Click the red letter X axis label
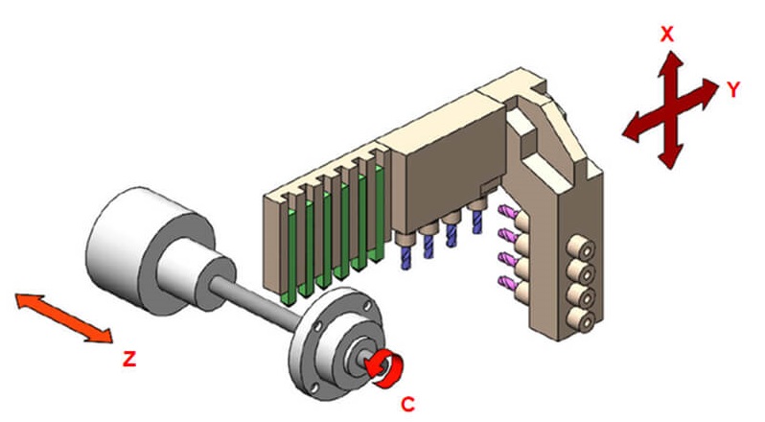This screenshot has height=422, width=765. (x=666, y=35)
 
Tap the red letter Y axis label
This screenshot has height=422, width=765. (x=733, y=89)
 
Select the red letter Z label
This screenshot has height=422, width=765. (x=128, y=359)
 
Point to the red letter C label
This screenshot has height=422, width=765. (x=407, y=405)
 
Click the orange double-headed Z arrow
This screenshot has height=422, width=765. (x=64, y=318)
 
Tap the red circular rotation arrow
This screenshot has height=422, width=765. (x=386, y=369)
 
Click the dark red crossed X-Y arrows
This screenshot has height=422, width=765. (x=670, y=109)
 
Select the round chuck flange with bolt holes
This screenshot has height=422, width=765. (x=336, y=341)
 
